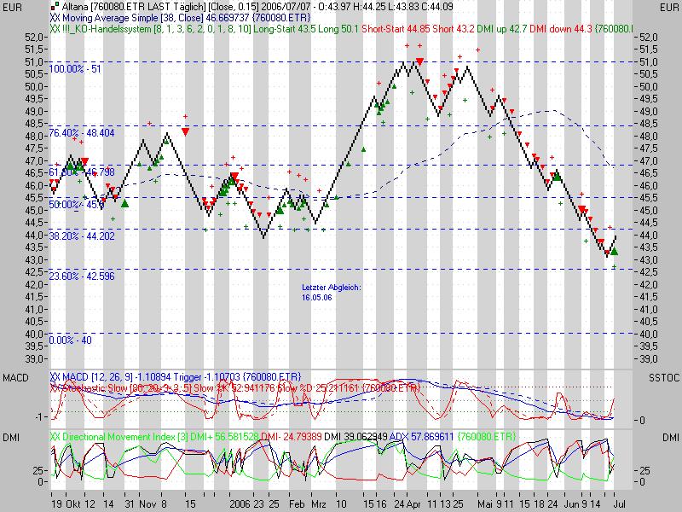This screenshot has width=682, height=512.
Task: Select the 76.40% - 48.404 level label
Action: pyautogui.click(x=82, y=133)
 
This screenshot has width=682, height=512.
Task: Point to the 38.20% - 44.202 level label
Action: pyautogui.click(x=82, y=236)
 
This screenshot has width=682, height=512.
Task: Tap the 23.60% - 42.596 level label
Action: pyautogui.click(x=82, y=276)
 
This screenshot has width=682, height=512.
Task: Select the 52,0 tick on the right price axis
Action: pyautogui.click(x=647, y=38)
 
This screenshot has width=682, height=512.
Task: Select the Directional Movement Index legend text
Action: pyautogui.click(x=128, y=436)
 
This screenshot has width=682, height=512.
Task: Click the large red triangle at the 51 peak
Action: pyautogui.click(x=419, y=61)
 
